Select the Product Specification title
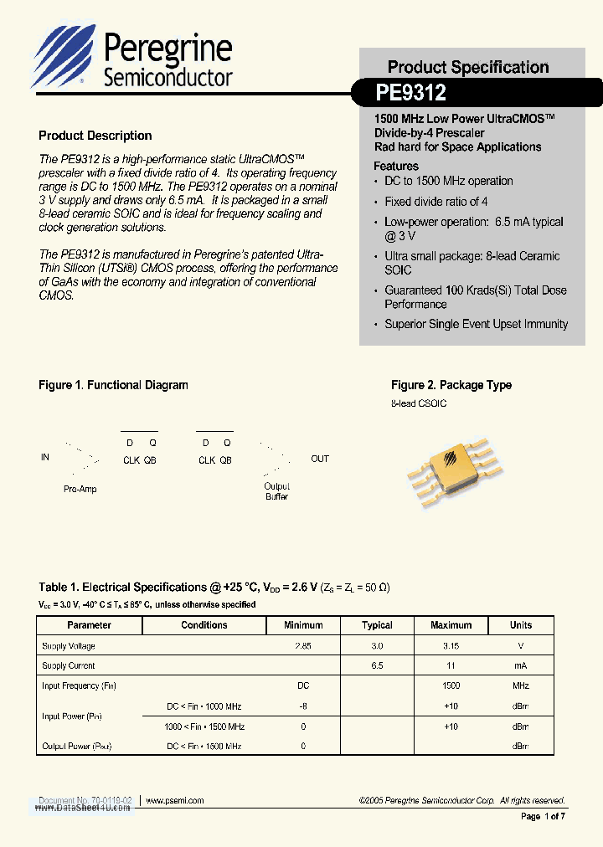(468, 67)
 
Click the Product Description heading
(95, 136)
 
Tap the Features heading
(396, 166)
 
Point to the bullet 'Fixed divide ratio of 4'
(435, 202)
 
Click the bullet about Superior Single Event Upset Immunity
(476, 324)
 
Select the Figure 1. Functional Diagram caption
(113, 385)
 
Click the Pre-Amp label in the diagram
(80, 489)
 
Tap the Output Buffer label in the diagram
(276, 491)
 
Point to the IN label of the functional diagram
(45, 458)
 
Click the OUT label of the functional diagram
(320, 459)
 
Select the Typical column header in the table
(377, 625)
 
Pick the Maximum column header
(451, 625)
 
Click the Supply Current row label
(69, 665)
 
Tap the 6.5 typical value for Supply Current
(377, 665)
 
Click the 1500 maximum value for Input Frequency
(451, 685)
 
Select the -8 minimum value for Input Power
(303, 706)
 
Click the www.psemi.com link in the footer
(175, 800)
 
